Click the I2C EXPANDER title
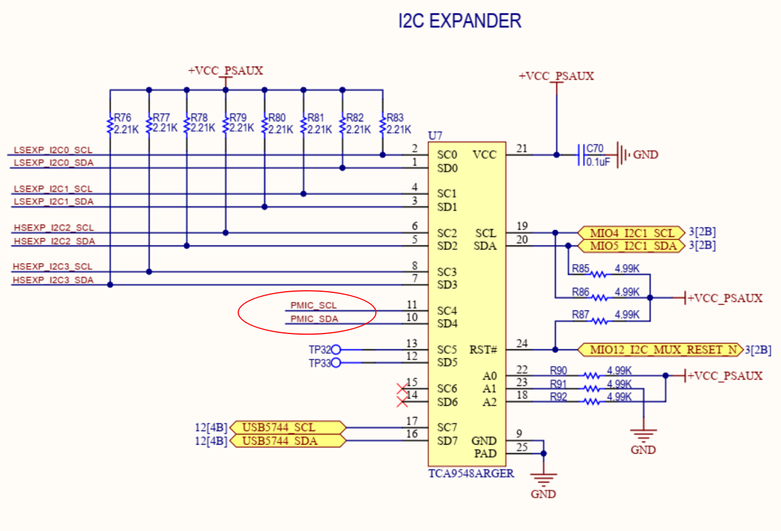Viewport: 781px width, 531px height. (459, 21)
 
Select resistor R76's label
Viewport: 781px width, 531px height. (122, 117)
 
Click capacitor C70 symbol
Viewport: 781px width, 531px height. (581, 155)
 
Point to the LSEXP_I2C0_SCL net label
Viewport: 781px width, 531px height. (52, 150)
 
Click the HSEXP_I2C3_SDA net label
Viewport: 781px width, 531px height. (53, 280)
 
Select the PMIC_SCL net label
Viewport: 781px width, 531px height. (313, 305)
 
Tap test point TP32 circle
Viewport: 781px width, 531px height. (336, 350)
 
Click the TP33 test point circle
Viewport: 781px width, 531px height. (336, 363)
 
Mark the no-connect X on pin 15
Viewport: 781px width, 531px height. (402, 389)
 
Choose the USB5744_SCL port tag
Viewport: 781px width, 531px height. (287, 427)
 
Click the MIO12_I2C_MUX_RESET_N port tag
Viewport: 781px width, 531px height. (661, 350)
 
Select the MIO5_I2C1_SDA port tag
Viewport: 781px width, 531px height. (631, 246)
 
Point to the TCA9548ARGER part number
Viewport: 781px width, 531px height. (471, 473)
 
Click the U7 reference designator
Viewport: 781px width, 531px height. (435, 135)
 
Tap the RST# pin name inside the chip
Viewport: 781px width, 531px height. (482, 350)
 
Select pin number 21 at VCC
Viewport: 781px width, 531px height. (521, 148)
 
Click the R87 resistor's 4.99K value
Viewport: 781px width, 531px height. (627, 314)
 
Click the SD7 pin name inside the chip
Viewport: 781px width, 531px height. (447, 441)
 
